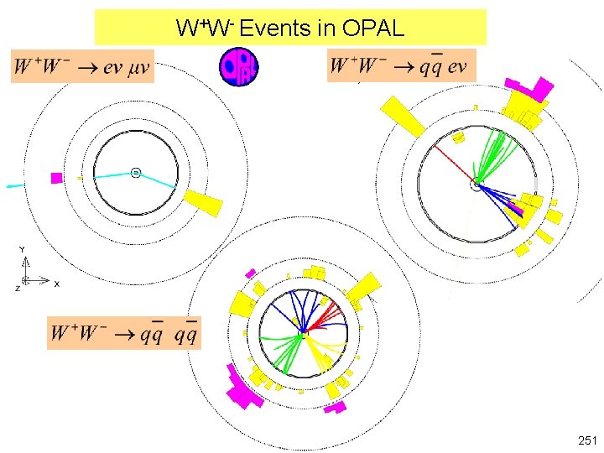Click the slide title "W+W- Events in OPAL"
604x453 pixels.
tap(290, 29)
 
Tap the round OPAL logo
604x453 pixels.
tap(238, 66)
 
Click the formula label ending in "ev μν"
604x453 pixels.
tap(82, 66)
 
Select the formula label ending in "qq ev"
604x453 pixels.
tap(401, 65)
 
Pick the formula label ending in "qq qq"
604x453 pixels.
tap(124, 333)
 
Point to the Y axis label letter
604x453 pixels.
tap(23, 250)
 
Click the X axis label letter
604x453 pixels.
tap(56, 284)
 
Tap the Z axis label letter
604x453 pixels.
tap(17, 289)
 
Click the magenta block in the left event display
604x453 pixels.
tap(56, 178)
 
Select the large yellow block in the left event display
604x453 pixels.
tap(203, 202)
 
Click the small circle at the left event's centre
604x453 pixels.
tap(135, 173)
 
